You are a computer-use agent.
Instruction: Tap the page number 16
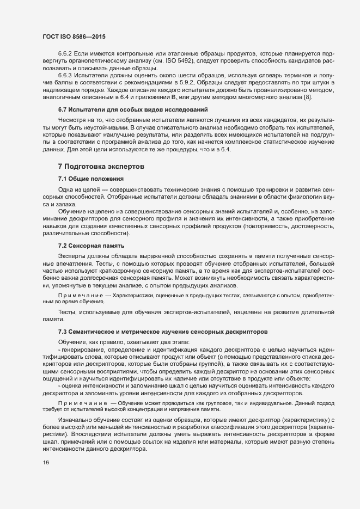click(x=46, y=463)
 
